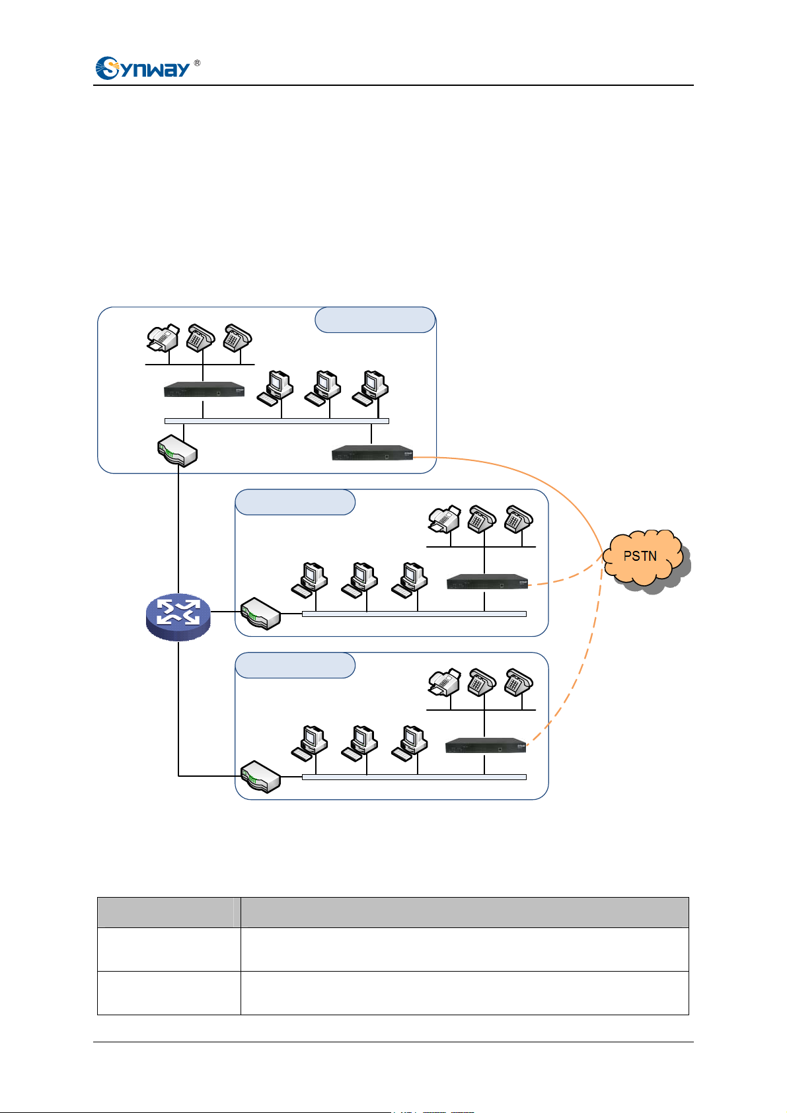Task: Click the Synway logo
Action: coord(143,68)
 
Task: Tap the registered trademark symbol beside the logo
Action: coord(198,63)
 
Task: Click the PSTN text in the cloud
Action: coord(640,556)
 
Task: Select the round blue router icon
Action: coord(178,617)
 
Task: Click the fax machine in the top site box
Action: coord(163,338)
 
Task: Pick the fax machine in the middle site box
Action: coord(445,519)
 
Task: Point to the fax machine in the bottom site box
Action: coord(445,682)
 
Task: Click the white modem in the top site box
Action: coord(178,450)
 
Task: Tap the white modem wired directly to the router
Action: coord(260,614)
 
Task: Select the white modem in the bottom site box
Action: coord(260,777)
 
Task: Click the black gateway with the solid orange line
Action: coord(373,452)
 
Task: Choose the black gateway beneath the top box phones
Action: coord(204,390)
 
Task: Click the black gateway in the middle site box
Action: coord(487,582)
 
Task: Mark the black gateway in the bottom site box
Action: coord(486,745)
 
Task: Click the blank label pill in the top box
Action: coord(375,320)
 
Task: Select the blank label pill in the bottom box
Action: coord(295,665)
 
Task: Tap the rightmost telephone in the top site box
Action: coord(238,338)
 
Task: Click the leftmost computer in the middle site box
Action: coord(309,580)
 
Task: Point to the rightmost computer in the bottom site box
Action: coord(410,743)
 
